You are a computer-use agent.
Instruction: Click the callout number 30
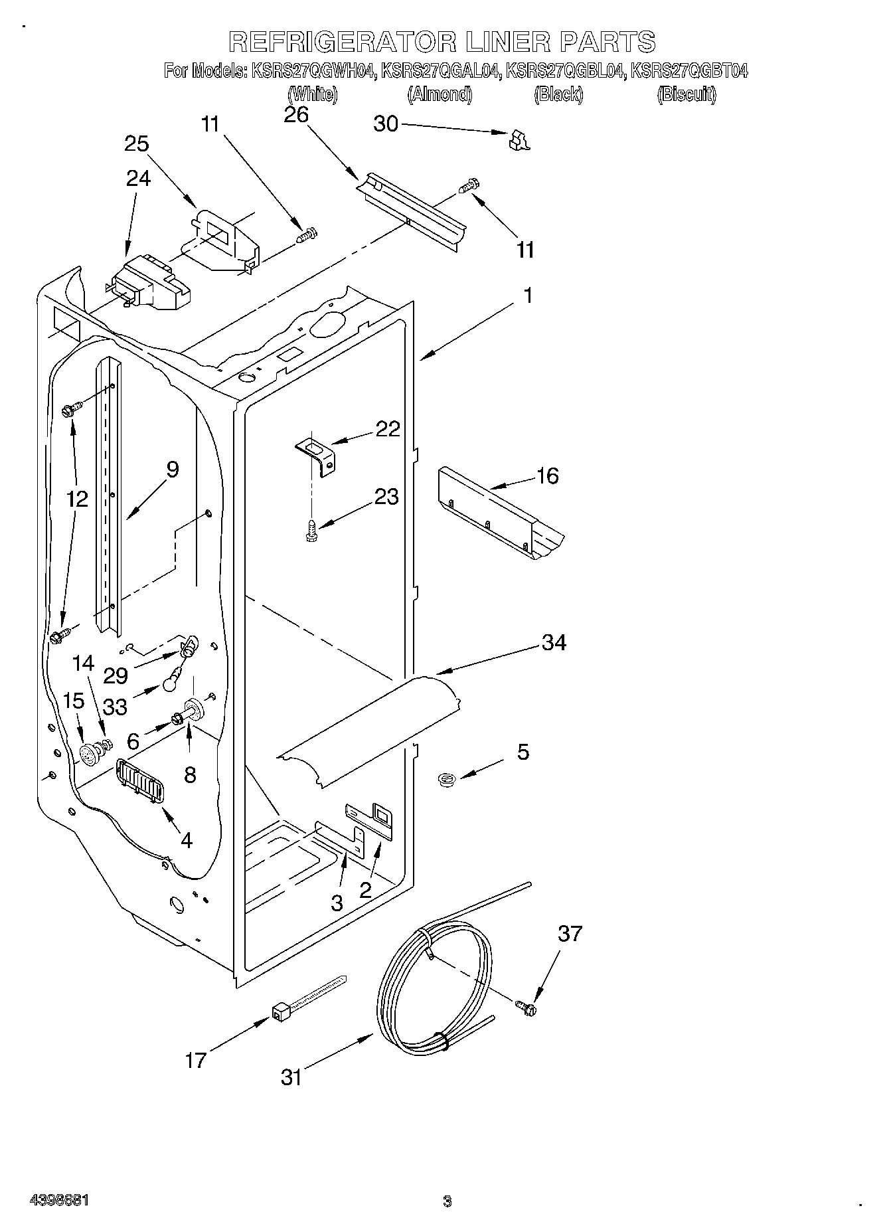(386, 124)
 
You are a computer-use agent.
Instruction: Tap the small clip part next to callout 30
(519, 140)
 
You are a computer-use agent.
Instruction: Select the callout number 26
(296, 115)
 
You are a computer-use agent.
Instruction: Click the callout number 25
(136, 144)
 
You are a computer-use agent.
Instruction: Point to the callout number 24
(138, 178)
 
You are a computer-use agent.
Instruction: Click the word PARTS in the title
(608, 42)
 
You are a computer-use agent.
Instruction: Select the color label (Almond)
(440, 95)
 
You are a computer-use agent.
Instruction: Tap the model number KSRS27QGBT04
(688, 70)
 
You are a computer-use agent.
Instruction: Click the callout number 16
(547, 476)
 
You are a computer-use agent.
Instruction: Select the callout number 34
(554, 642)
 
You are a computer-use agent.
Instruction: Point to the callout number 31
(291, 1077)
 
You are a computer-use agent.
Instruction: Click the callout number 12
(77, 499)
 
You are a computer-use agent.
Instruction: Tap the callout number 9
(172, 470)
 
